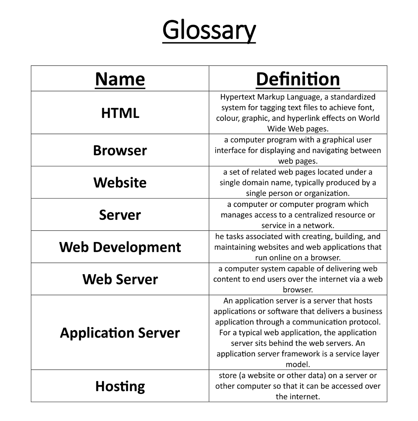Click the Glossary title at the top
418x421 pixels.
(209, 31)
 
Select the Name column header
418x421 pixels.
(120, 79)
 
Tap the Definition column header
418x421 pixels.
(298, 79)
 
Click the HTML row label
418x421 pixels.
(120, 113)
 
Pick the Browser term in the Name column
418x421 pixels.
(120, 150)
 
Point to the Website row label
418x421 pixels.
(120, 183)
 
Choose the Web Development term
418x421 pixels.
(120, 247)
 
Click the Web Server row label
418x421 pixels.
(120, 279)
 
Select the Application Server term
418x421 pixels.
(120, 333)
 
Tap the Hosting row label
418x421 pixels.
(120, 386)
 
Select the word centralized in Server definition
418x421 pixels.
(314, 215)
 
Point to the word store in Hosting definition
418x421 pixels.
(228, 376)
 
